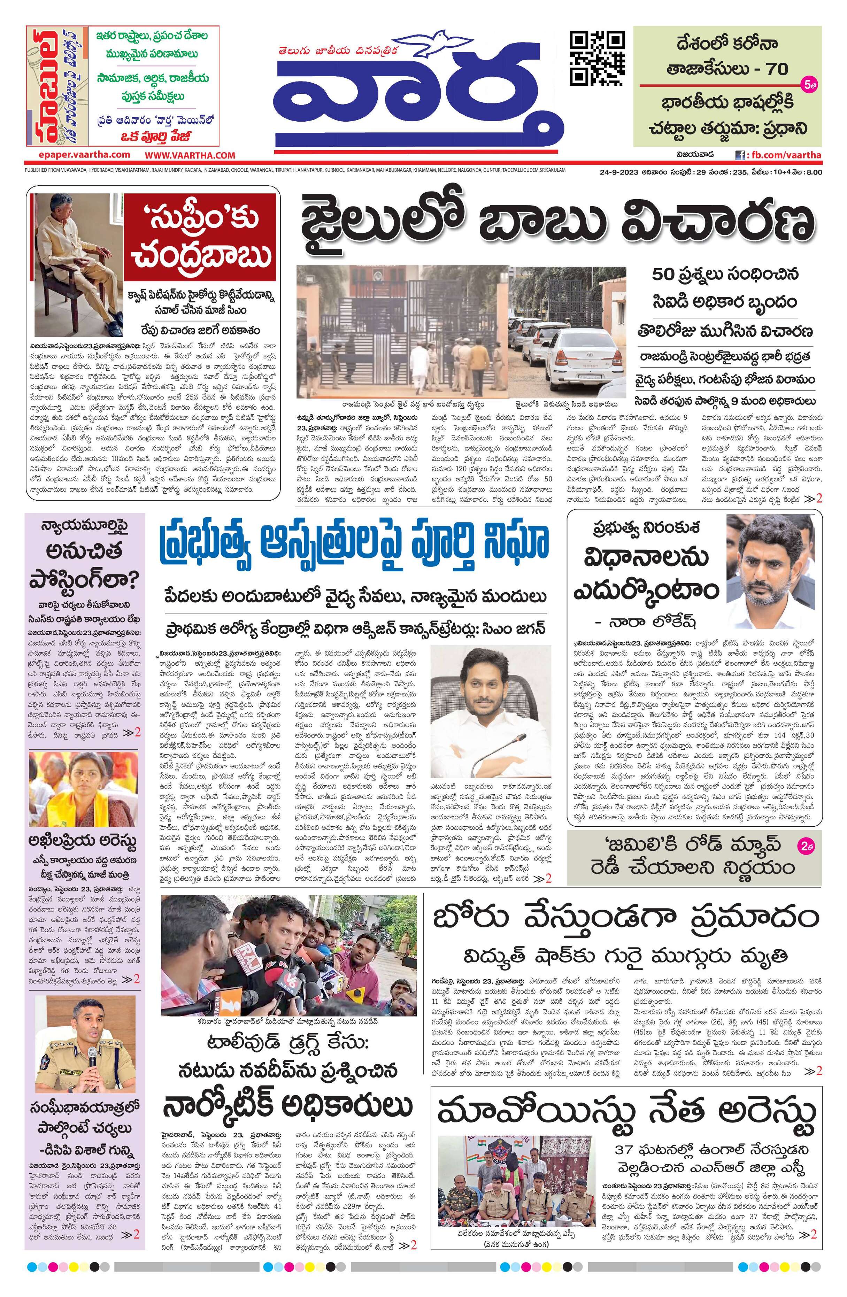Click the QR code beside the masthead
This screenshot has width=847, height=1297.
point(597,58)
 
